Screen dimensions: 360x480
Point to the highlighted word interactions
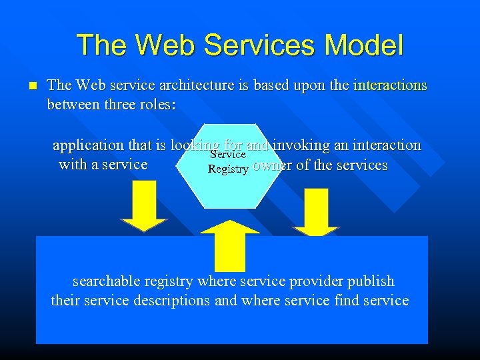390,85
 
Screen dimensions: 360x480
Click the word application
88,145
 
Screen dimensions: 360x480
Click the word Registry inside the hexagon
228,169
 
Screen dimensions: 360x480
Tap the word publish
369,281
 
